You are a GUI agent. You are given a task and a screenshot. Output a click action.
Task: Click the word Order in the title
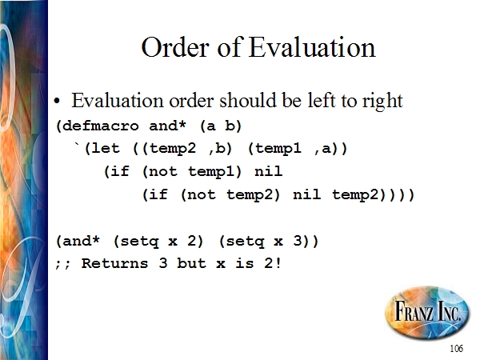pos(176,47)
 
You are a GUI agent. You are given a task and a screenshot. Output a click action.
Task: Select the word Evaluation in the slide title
pos(312,47)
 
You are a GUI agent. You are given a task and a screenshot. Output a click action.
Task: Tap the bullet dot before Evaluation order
pos(57,101)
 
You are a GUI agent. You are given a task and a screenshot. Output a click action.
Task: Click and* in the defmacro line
pos(167,126)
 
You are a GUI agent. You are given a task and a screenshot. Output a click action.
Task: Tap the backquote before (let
pos(78,146)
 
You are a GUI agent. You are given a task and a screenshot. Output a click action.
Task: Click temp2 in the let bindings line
pos(173,149)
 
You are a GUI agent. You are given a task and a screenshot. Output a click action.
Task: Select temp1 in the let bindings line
pos(278,149)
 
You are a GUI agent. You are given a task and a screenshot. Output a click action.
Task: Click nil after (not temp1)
pos(269,171)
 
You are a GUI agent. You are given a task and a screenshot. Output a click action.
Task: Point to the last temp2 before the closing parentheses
pos(356,195)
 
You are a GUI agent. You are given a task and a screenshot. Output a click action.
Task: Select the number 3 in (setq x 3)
pos(298,241)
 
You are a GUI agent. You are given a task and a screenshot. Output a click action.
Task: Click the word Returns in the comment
pos(114,263)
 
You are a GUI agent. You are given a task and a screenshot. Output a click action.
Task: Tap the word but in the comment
pos(192,263)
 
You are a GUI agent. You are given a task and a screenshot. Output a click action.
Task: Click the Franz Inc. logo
pos(427,313)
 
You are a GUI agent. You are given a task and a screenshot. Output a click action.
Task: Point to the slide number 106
pos(457,348)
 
